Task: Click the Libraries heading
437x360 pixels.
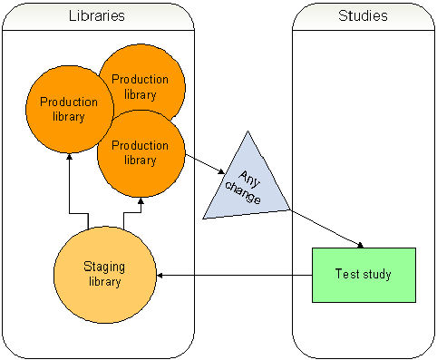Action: (x=97, y=16)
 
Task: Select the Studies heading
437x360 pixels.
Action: (x=363, y=16)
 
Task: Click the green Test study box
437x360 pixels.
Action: (x=363, y=274)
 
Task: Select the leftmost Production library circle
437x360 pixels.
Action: (x=68, y=110)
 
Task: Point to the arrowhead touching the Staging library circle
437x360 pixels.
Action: (x=161, y=274)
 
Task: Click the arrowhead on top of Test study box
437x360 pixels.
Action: (x=362, y=245)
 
